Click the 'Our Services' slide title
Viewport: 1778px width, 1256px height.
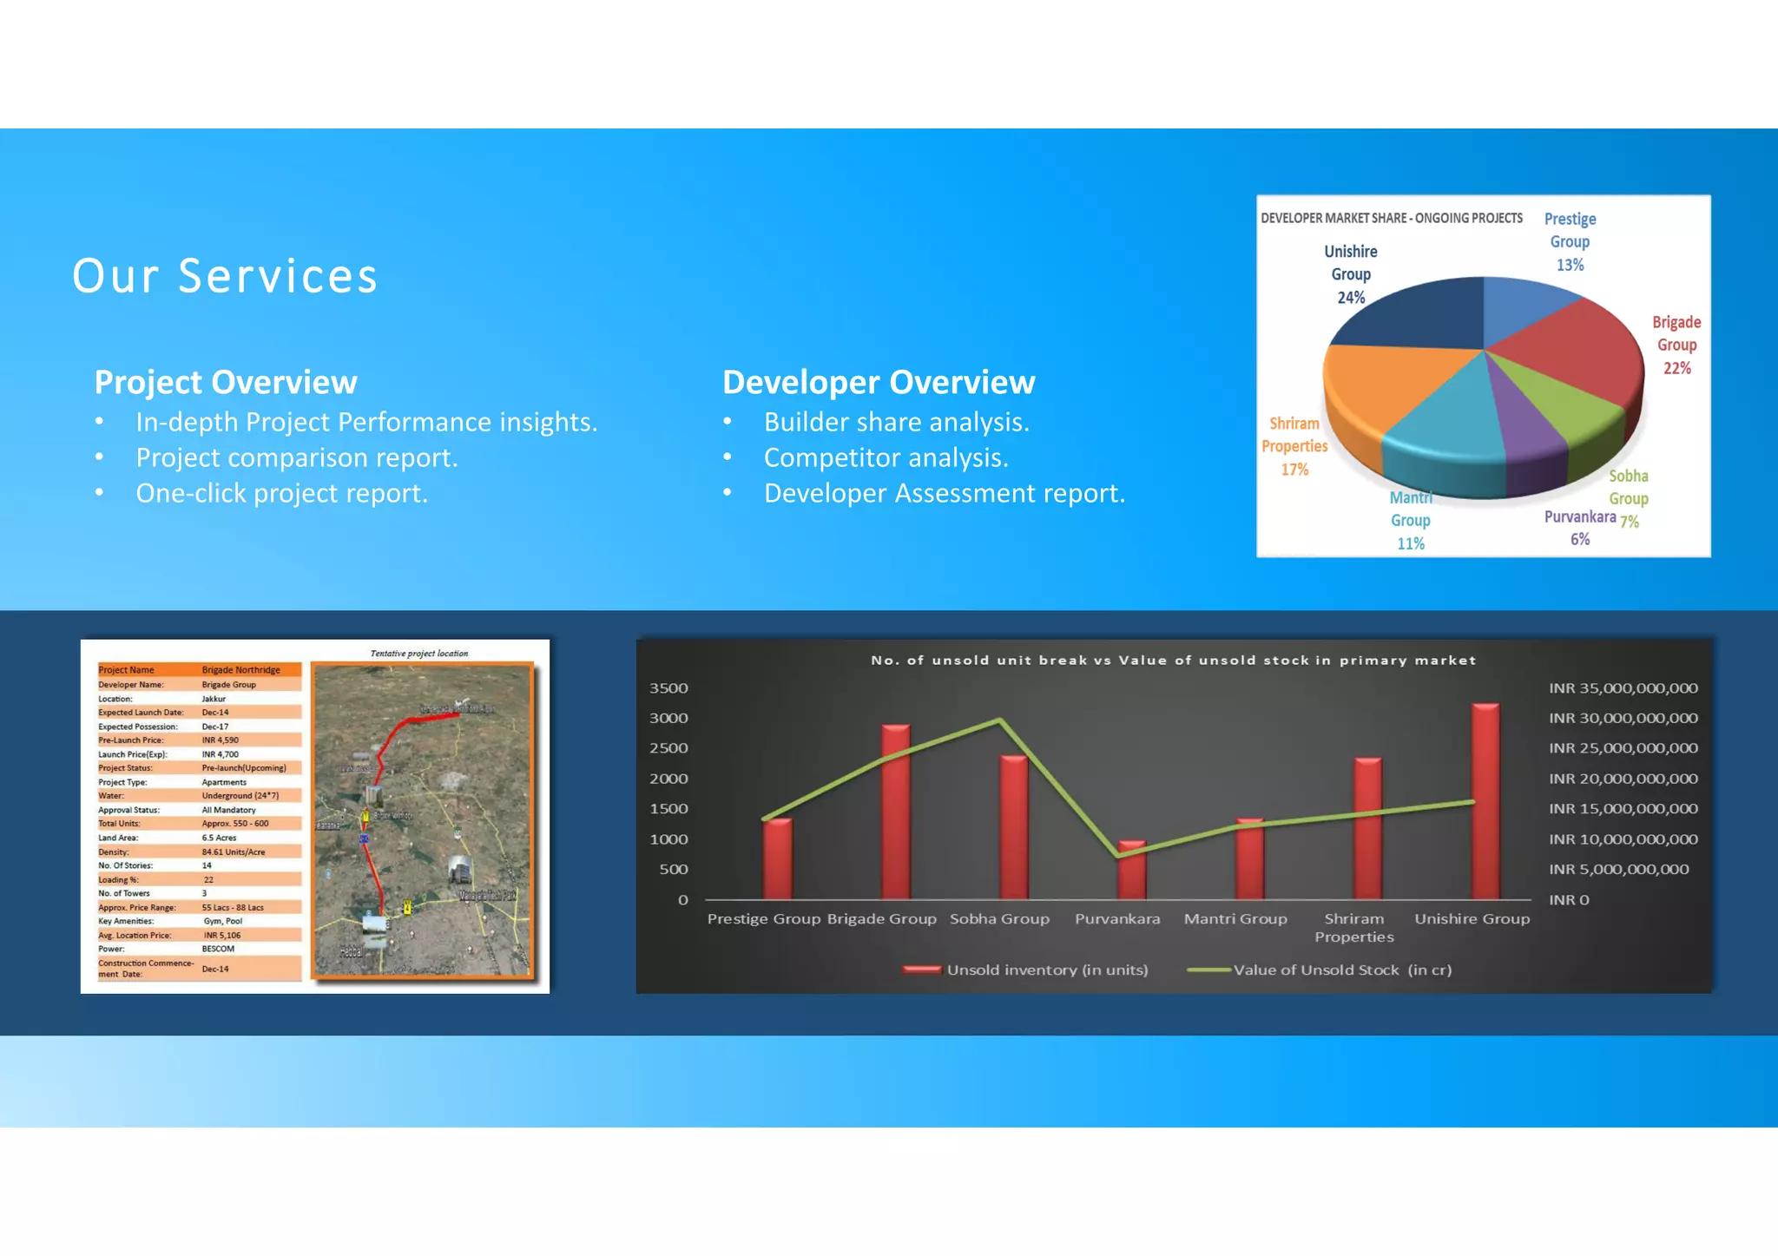225,276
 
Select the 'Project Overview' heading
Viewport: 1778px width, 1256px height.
226,382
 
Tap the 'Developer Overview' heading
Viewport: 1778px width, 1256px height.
879,382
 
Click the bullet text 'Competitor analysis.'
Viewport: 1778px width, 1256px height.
886,457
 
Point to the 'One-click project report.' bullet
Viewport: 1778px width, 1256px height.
281,493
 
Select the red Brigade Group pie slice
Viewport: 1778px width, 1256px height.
1571,347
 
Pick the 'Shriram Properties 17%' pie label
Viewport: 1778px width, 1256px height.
1294,446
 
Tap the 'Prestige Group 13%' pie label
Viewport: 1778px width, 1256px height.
1570,241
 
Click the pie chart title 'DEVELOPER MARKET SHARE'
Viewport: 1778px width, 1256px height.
1391,218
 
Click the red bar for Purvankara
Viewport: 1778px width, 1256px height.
1131,870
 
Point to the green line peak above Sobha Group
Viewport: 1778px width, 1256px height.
1000,720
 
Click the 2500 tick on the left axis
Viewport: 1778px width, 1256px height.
668,748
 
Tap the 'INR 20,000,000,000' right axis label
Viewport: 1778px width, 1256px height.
1623,779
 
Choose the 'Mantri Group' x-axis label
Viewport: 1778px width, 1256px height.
1235,918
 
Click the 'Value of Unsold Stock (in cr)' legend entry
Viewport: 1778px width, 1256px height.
1341,970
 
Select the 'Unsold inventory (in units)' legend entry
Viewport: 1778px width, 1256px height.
1046,970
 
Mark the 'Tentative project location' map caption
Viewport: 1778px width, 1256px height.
419,654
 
